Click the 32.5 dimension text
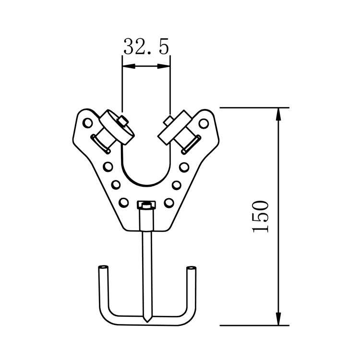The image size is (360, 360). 146,47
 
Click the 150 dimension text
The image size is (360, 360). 261,216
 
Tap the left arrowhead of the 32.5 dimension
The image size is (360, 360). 129,66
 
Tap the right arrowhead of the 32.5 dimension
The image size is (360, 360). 164,66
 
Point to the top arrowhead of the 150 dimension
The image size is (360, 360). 278,114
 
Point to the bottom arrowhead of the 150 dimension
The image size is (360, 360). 278,319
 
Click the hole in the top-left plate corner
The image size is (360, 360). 87,123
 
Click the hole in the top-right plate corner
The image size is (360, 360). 204,123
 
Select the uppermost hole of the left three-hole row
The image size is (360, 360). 108,167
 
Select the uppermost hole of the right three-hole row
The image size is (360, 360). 184,167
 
